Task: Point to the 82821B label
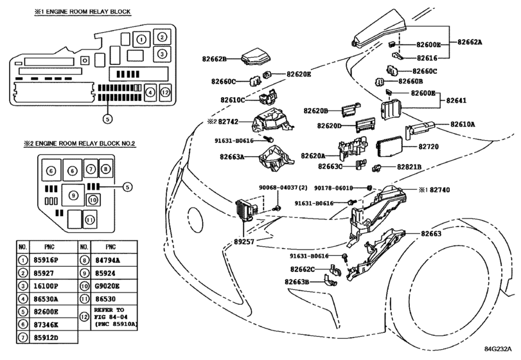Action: pyautogui.click(x=408, y=166)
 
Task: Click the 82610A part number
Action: pyautogui.click(x=463, y=124)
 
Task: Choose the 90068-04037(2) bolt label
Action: pyautogui.click(x=284, y=187)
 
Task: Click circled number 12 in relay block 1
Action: pyautogui.click(x=164, y=93)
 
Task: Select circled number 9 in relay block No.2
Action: pyautogui.click(x=73, y=195)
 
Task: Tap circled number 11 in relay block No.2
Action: pyautogui.click(x=91, y=219)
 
